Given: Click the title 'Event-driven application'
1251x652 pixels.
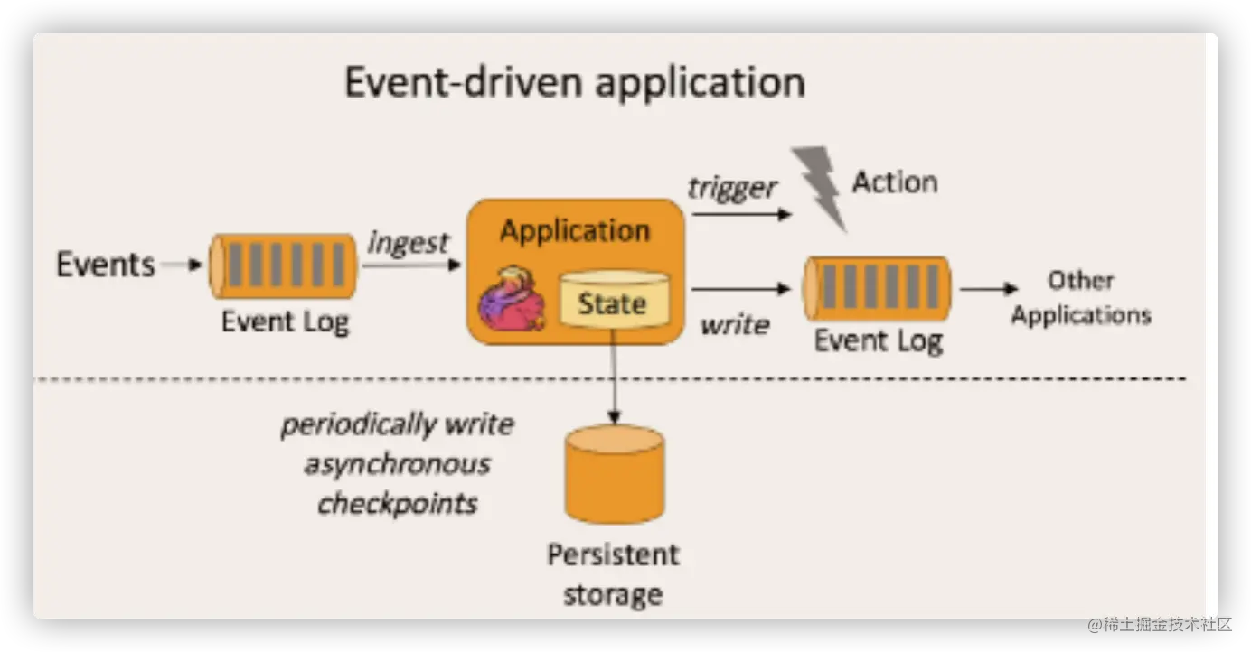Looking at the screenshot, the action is tap(575, 83).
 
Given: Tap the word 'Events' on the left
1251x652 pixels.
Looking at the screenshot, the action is tap(106, 265).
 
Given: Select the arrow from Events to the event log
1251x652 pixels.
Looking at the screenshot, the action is tap(182, 265).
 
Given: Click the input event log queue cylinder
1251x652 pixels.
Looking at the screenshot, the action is tap(283, 266).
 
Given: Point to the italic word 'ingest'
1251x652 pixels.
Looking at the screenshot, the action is tap(408, 243).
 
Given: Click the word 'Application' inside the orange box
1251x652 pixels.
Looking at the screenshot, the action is tap(575, 231).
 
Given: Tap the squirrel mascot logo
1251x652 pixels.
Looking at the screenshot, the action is tap(513, 299).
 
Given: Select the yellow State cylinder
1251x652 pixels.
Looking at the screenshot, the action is tap(615, 299).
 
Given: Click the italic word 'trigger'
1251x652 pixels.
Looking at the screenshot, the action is tap(731, 188).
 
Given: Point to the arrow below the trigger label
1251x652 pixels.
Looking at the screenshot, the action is tap(742, 214).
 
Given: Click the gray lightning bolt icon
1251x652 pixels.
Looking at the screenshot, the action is tap(819, 188).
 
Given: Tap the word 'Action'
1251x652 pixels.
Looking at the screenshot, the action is tap(895, 182).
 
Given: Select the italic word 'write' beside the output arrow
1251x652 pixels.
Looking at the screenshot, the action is tap(735, 324).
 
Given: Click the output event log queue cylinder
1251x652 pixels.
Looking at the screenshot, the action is tap(877, 288).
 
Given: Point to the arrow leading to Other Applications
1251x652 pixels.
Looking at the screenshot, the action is tap(989, 289).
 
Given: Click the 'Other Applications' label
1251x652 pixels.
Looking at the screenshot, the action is tap(1081, 298).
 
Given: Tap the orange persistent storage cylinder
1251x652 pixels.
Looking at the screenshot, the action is tap(615, 474).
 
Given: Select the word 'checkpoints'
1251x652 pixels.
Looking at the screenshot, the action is tap(398, 504).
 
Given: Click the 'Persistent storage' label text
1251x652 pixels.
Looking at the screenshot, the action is tap(613, 574).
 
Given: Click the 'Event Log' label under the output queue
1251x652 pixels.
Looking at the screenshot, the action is tap(879, 341).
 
